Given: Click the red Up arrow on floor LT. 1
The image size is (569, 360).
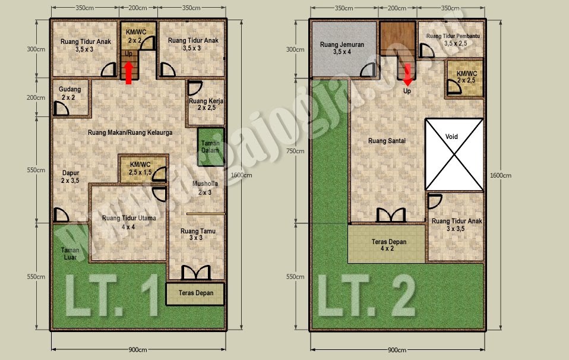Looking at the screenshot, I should tap(129, 72).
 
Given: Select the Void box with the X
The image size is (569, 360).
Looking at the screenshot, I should tap(454, 154).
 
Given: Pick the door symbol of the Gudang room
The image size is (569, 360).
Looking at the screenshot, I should tap(61, 109).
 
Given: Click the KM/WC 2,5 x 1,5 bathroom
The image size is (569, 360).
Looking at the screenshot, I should tap(141, 168).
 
